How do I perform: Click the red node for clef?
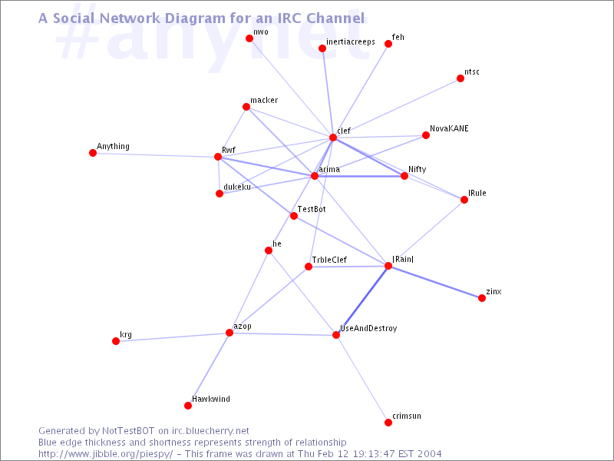coord(333,138)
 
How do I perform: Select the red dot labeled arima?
coord(315,176)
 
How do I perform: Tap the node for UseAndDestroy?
coord(336,335)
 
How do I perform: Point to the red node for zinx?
coord(482,298)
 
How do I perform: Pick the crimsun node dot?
coord(388,422)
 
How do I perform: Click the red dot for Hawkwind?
coord(188,406)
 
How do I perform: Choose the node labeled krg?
coord(116,341)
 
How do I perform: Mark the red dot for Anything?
coord(93,152)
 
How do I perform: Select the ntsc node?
coord(460,78)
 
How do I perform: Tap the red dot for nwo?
coord(249,38)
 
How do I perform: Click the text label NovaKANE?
coord(449,128)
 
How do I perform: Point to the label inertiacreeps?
coord(351,42)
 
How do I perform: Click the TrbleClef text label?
coord(329,260)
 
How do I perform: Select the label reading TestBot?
coord(312,209)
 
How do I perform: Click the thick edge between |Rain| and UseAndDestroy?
coord(362,300)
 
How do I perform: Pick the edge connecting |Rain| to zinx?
coord(435,282)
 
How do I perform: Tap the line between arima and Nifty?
coord(359,176)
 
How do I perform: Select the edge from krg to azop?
coord(172,337)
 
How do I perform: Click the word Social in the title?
coord(74,18)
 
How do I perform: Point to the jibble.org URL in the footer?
coord(106,454)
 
